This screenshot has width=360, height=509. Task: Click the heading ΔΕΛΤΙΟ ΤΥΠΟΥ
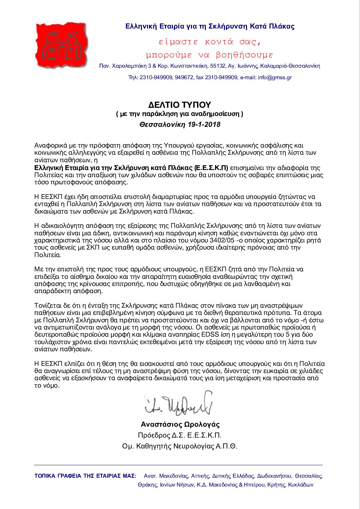click(180, 105)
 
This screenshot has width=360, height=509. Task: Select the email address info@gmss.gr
click(275, 78)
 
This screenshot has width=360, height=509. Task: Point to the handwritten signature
click(179, 404)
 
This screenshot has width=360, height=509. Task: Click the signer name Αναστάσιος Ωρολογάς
click(180, 424)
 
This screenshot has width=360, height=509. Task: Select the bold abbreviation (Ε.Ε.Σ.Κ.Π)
click(211, 168)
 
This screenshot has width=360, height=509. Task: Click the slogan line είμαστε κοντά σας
click(210, 42)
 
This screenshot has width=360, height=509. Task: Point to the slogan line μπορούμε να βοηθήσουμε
click(209, 55)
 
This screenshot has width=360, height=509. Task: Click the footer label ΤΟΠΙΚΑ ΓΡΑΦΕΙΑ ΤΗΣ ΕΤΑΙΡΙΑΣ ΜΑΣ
click(85, 476)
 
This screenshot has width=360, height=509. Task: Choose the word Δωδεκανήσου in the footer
click(274, 476)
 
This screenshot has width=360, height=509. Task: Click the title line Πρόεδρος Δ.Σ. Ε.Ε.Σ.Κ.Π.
click(180, 435)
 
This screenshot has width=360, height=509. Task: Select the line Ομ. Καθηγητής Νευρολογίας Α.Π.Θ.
click(180, 446)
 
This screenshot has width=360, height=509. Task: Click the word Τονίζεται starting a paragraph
click(48, 306)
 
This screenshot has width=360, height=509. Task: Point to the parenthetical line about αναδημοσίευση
click(180, 114)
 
